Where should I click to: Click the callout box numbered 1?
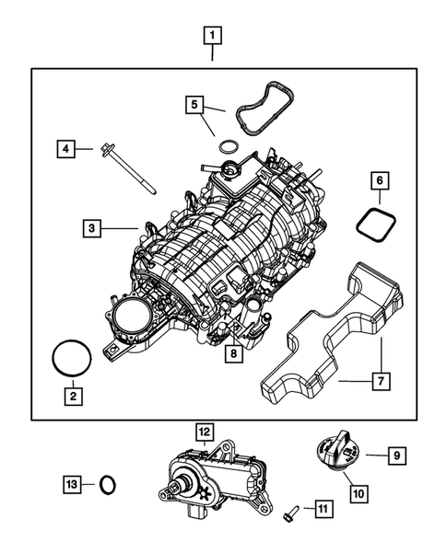213,37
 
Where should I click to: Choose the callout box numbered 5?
194,104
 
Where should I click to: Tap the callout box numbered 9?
396,454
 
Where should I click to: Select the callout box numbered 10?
359,493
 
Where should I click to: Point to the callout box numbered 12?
204,431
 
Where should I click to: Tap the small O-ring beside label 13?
108,483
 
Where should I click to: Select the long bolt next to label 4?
129,169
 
